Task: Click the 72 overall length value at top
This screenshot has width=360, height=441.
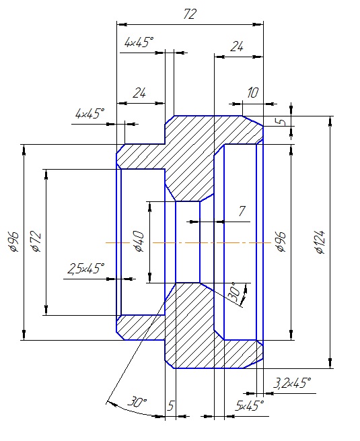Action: pyautogui.click(x=189, y=14)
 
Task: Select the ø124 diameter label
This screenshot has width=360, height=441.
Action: pyautogui.click(x=320, y=242)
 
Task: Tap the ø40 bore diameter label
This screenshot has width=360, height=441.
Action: pyautogui.click(x=139, y=242)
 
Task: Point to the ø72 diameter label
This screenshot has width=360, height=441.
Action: pyautogui.click(x=36, y=241)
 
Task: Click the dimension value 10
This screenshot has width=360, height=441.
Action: pyautogui.click(x=252, y=92)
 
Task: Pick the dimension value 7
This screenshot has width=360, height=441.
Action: pyautogui.click(x=242, y=211)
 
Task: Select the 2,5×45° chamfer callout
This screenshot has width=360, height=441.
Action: pyautogui.click(x=85, y=269)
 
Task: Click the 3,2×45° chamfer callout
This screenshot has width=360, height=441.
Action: pyautogui.click(x=292, y=383)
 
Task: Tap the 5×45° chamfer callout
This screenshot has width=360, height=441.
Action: pyautogui.click(x=250, y=406)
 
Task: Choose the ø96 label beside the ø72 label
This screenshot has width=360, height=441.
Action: pyautogui.click(x=14, y=242)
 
